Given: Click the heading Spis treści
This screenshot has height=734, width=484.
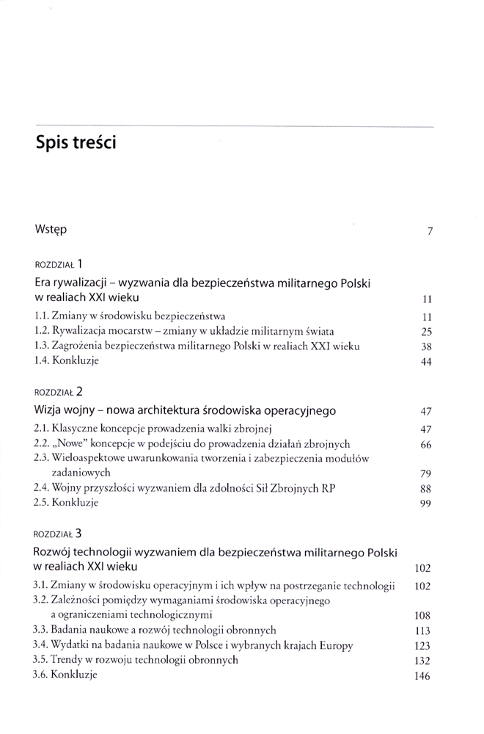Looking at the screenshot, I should (x=76, y=142).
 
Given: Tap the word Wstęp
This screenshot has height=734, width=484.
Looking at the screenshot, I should (x=50, y=230).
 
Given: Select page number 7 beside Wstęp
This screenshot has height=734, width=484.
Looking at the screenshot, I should (x=430, y=231).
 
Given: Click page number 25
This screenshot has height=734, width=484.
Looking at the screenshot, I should (x=426, y=332).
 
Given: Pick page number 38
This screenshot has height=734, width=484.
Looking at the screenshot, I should (x=426, y=346).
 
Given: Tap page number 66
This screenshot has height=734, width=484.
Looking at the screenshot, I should (x=426, y=445).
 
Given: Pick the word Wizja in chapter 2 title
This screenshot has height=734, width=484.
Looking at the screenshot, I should (x=50, y=410).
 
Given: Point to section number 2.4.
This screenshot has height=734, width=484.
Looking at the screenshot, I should (x=42, y=487).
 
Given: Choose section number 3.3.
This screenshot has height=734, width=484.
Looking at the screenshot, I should (x=42, y=630).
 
